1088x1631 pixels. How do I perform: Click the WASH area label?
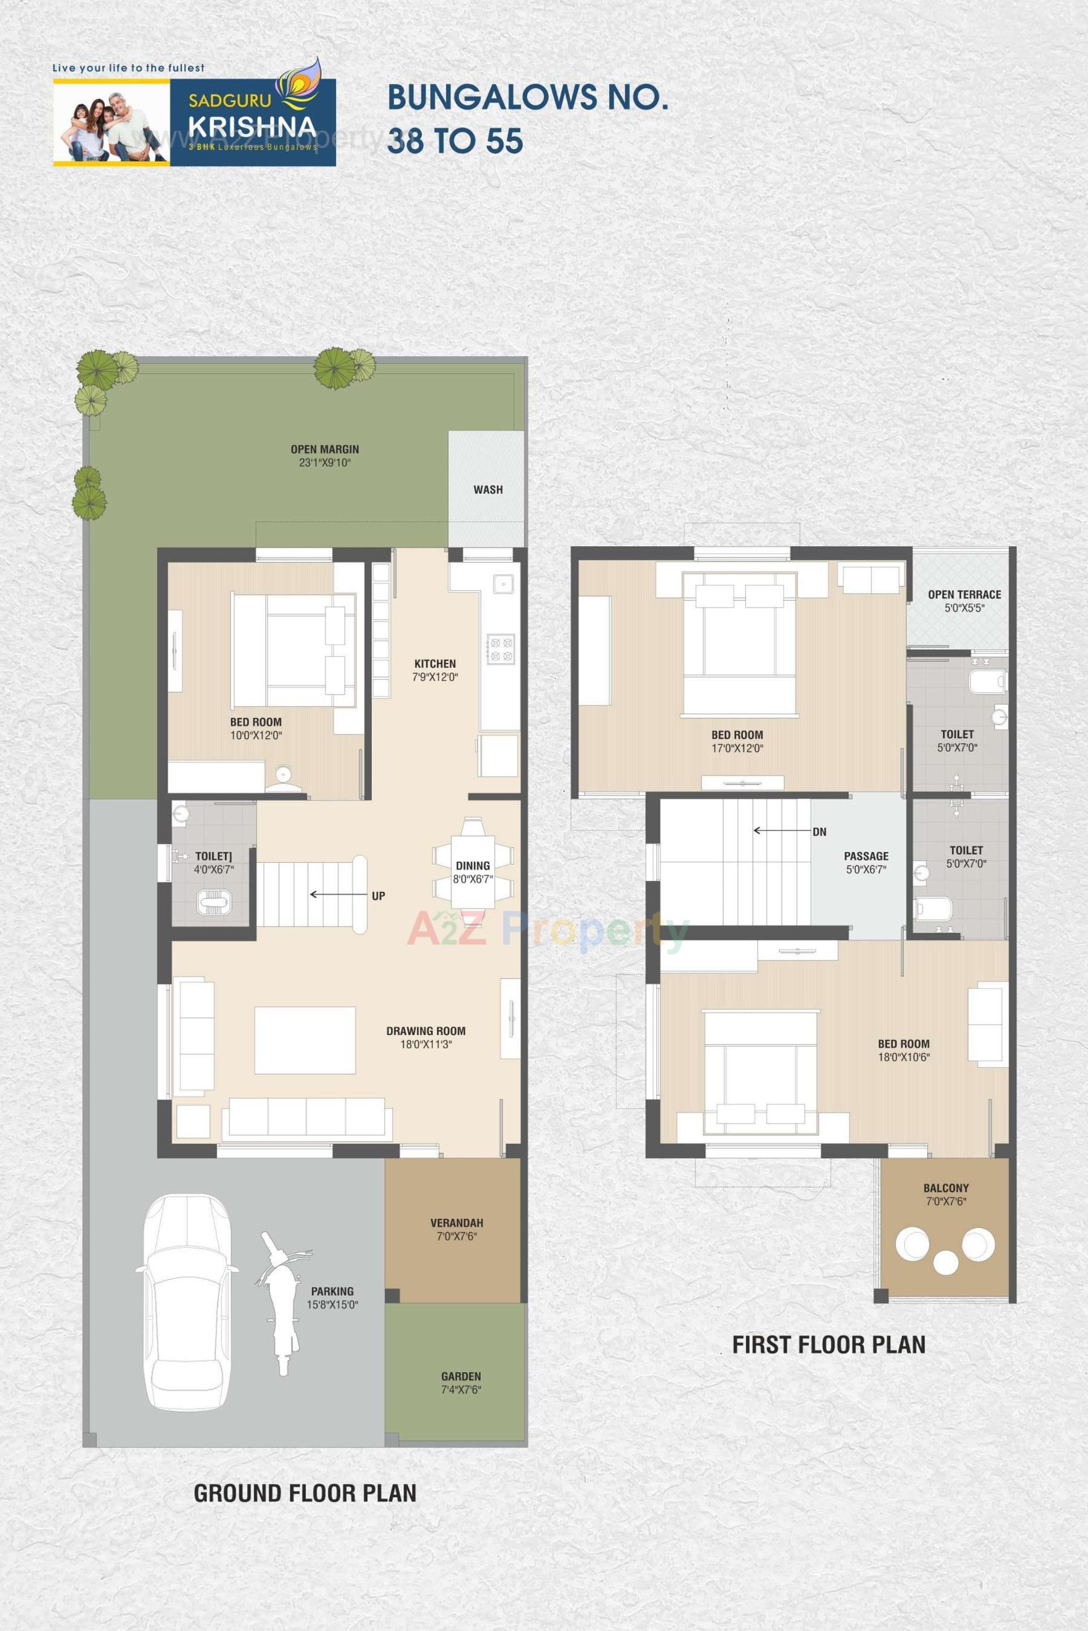tap(488, 490)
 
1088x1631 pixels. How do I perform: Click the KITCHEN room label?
tap(435, 664)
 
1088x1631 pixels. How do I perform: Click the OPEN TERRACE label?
tap(964, 594)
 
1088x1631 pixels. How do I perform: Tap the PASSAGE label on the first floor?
tap(866, 856)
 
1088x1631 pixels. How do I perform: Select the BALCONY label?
tap(946, 1189)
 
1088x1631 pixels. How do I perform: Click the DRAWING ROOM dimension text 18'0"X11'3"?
tap(426, 1045)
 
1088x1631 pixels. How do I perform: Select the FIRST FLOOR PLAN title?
tap(828, 1345)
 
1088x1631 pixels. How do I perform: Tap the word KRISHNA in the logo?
tap(252, 127)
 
